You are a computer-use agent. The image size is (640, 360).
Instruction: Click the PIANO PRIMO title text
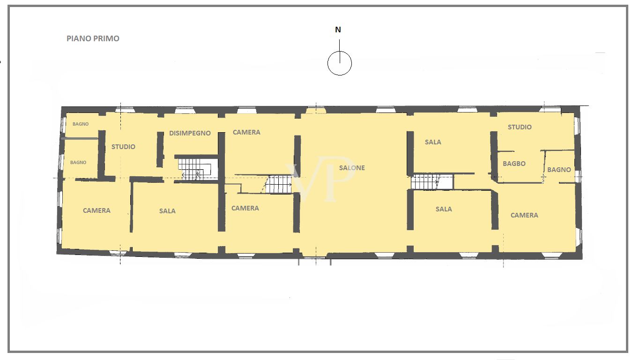tap(93, 38)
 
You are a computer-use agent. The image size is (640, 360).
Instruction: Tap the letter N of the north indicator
tap(338, 30)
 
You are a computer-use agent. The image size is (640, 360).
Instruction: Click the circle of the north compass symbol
tap(339, 63)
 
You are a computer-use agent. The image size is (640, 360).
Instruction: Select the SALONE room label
tap(352, 168)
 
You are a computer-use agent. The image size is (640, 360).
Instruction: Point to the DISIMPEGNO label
tap(190, 133)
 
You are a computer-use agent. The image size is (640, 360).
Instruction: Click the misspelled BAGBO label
tap(514, 164)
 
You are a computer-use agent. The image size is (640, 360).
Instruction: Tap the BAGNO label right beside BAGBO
tap(559, 170)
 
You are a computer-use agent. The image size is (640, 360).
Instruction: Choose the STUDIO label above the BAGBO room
tap(520, 127)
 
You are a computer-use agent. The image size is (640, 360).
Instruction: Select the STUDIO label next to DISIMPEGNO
tap(123, 147)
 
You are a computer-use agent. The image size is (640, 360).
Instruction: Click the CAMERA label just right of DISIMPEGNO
tap(246, 132)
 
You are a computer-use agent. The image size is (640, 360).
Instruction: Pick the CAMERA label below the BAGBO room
tap(524, 215)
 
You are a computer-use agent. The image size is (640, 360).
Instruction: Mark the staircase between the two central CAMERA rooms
tap(279, 184)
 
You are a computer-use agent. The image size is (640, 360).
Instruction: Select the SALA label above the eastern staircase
tap(433, 142)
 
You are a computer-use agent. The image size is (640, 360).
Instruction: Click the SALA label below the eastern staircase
tap(444, 209)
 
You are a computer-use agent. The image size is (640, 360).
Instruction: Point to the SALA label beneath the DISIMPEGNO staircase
tap(167, 211)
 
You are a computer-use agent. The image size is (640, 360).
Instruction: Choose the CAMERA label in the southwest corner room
tap(97, 210)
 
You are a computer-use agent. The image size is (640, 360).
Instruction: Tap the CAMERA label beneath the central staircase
tap(245, 208)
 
